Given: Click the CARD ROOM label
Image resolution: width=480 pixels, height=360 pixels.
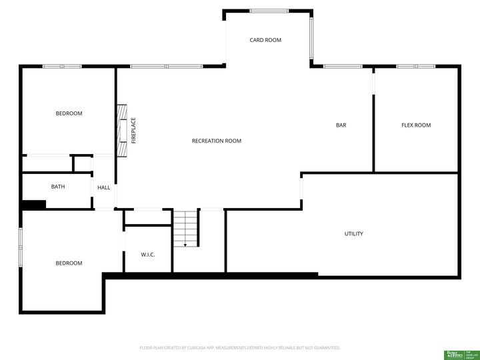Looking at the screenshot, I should pos(265,40).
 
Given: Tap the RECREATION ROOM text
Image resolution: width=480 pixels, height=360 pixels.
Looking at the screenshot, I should pos(216,141).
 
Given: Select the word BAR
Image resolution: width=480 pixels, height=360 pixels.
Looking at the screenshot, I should pos(341,125).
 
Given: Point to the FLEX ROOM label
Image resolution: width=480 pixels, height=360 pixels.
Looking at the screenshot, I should pos(416,125).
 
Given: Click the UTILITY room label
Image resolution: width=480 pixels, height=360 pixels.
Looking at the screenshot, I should pos(353,234).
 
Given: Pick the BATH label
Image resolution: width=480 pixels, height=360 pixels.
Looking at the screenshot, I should pos(58,187).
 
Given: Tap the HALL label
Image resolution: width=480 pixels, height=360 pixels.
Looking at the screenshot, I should pos(104,188).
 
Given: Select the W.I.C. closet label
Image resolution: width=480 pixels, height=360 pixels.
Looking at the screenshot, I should pos(148,254).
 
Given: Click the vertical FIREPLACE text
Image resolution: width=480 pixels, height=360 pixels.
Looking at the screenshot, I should pos(133,131).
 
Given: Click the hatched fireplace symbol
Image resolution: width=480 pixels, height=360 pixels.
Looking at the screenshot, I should pos(122,130).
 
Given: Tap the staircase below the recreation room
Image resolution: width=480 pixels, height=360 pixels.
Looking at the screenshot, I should pos(186,228).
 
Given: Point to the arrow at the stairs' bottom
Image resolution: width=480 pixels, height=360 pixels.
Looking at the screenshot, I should pos(185,244).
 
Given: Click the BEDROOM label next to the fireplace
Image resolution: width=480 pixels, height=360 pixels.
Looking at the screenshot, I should pos(69,113).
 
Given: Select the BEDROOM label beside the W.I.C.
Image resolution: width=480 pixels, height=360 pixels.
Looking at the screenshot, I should pos(69,263).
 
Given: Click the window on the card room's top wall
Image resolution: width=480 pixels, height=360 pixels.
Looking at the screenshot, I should pos(269,11).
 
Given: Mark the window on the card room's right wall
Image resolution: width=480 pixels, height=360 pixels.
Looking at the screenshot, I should pos(311,39).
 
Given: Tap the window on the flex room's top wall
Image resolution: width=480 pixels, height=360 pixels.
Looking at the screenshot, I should pos(407,67).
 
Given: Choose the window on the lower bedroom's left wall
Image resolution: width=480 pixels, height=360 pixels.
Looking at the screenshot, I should pos(21,247).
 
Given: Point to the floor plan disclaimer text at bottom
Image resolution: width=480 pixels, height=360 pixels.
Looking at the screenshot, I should pos(239,347).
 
